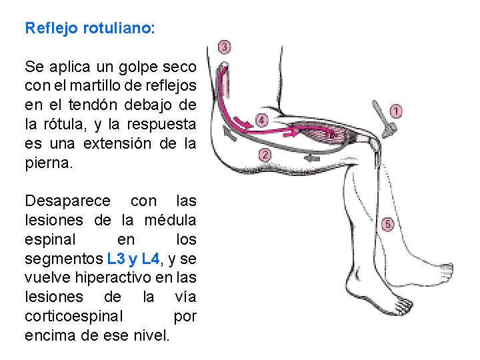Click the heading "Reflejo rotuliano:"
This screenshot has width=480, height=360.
[89, 29]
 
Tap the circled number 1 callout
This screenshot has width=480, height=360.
[396, 111]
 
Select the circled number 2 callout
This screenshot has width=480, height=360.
[264, 156]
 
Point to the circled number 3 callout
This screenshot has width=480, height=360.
[225, 47]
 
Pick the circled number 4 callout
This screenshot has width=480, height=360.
[262, 121]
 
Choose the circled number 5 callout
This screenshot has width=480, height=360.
[387, 225]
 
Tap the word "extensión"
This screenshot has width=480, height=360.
[121, 143]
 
